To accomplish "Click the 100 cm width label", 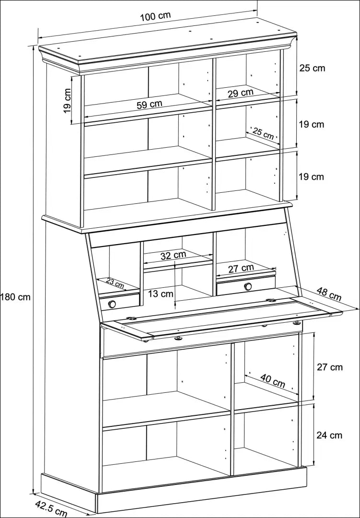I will click(x=155, y=15).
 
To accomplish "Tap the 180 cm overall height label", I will click(x=16, y=297).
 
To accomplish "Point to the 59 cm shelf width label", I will click(x=149, y=104).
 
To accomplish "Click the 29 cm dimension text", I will click(x=240, y=93).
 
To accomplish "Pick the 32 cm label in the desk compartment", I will click(x=173, y=255).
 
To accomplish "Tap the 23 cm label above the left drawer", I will click(x=115, y=283).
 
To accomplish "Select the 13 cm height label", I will click(x=160, y=293).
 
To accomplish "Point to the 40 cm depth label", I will click(x=273, y=381).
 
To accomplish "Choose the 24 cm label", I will click(x=329, y=435).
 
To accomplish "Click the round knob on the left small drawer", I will click(x=112, y=304).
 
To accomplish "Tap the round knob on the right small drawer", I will click(x=248, y=287).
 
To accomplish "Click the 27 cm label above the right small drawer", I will click(x=241, y=269).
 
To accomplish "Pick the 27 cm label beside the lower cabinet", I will click(x=330, y=367).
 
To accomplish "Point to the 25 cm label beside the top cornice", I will click(x=312, y=68).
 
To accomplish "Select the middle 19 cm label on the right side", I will click(x=312, y=124).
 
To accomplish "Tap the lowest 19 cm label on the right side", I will click(x=312, y=177).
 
